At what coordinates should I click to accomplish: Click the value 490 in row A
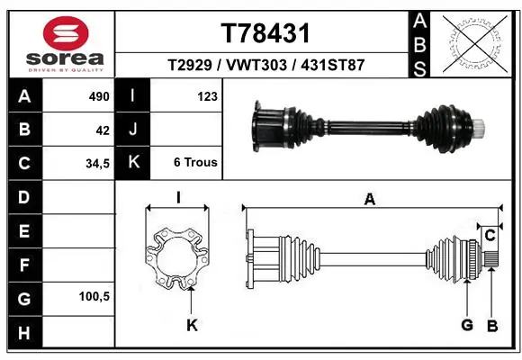(98, 96)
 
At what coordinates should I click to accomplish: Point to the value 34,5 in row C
(96, 164)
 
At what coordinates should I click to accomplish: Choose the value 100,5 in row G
(94, 296)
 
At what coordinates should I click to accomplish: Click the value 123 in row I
(206, 96)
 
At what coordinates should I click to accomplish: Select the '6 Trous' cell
(195, 164)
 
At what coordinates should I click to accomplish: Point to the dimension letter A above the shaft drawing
(369, 200)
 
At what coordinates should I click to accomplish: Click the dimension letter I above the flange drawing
(178, 198)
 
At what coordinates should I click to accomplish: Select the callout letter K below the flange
(191, 326)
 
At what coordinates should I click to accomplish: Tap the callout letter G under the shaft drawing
(467, 325)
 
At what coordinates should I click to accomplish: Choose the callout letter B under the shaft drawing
(492, 325)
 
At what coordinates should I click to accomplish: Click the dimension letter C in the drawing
(490, 236)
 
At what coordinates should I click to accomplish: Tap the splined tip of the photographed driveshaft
(482, 124)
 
